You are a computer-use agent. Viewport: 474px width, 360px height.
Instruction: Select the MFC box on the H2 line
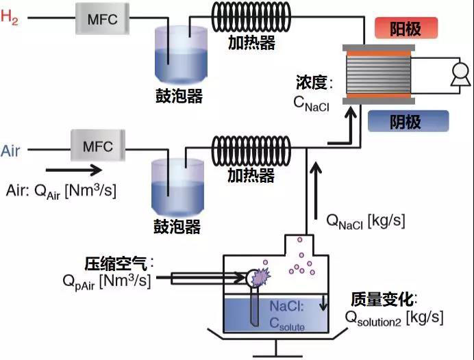pyautogui.click(x=101, y=19)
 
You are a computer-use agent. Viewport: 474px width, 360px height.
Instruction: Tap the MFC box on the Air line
pyautogui.click(x=97, y=147)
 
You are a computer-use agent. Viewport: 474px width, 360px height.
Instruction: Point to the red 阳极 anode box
pyautogui.click(x=406, y=29)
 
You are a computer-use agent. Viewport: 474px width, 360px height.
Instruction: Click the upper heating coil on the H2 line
pyautogui.click(x=251, y=18)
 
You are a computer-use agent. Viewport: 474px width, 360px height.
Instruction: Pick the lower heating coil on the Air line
pyautogui.click(x=251, y=147)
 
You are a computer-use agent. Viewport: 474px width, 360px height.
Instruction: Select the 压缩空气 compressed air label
pyautogui.click(x=118, y=263)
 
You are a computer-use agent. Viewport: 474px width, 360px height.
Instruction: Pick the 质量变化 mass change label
pyautogui.click(x=385, y=300)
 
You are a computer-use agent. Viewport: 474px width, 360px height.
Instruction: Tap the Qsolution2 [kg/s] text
pyautogui.click(x=394, y=318)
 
